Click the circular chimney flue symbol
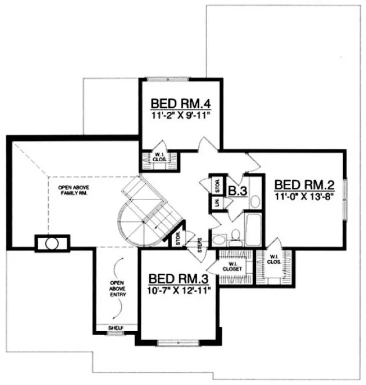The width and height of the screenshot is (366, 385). [52, 243]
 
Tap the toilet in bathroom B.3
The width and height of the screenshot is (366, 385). [235, 234]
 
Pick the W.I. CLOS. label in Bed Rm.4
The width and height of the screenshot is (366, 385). [158, 156]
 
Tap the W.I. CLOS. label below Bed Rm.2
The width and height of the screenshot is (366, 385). [274, 260]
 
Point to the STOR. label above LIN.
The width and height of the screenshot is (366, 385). [217, 186]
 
